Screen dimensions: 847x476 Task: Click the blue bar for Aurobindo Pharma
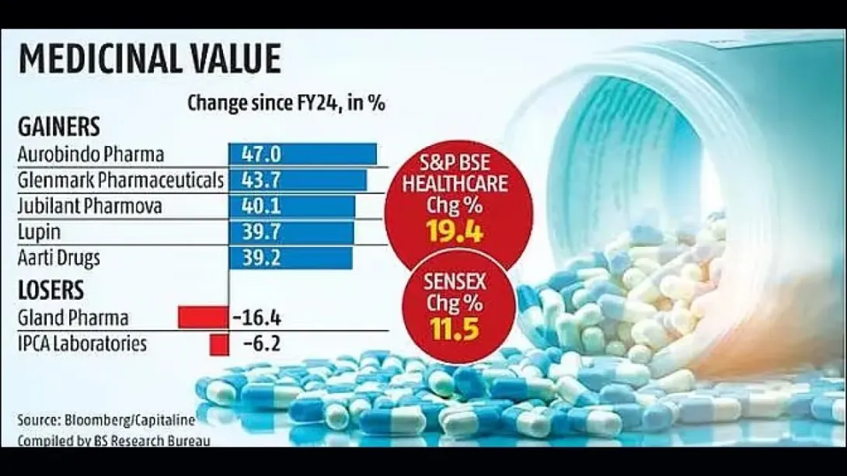(302, 155)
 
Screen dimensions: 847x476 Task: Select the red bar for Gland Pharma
(203, 318)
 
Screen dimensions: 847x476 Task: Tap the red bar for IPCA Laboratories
(219, 345)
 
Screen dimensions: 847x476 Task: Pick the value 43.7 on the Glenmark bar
(261, 180)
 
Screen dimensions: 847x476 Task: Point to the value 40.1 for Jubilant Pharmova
(261, 206)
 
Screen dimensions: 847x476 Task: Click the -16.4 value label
(256, 318)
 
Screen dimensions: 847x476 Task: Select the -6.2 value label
(262, 344)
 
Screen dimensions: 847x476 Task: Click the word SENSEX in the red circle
(455, 282)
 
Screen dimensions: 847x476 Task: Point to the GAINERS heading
(59, 127)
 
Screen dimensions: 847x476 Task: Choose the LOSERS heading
(51, 290)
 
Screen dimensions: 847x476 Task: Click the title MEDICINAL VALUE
(150, 58)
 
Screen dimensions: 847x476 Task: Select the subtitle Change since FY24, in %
(286, 102)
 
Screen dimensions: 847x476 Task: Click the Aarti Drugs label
(59, 258)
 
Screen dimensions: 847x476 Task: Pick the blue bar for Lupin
(291, 232)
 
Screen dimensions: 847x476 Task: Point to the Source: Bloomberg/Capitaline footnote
(106, 420)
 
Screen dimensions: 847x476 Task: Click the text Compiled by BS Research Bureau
(113, 441)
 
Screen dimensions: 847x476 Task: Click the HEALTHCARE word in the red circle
(455, 183)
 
